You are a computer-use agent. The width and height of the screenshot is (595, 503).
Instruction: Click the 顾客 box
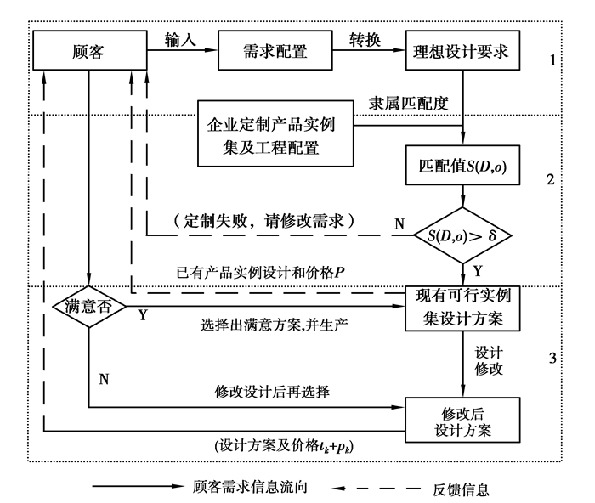click(89, 49)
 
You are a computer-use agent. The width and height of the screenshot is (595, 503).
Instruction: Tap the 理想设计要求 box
click(462, 49)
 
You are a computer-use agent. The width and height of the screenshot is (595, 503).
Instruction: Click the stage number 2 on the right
click(551, 180)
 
